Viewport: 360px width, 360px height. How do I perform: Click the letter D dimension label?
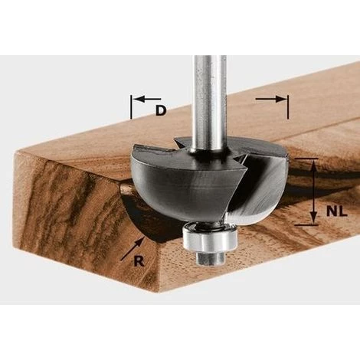pos(161,110)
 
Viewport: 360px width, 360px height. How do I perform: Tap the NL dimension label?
pos(337,211)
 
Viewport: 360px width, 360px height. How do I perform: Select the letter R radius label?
pos(139,261)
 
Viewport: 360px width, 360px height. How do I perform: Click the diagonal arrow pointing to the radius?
pos(132,249)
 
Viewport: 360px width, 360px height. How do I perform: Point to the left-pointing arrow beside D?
pos(148,99)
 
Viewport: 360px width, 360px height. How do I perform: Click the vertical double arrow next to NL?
pos(313,191)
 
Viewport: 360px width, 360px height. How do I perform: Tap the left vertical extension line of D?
pos(131,107)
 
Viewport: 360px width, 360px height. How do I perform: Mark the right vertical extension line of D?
pos(288,107)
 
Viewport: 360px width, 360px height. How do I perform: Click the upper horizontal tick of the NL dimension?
pos(306,159)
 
